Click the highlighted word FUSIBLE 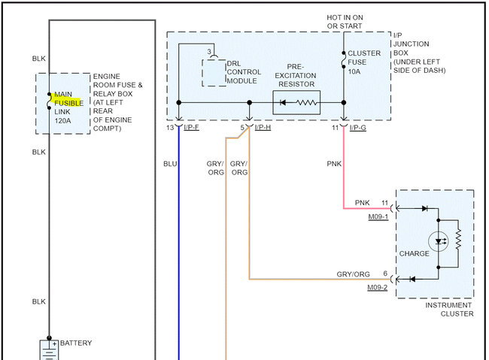(x=69, y=103)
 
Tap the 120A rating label (x=62, y=120)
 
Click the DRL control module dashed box (x=214, y=73)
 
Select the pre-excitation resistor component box (x=296, y=102)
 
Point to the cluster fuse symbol (x=344, y=60)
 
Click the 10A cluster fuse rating (x=354, y=71)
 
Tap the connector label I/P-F (x=191, y=127)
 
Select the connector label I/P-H (x=263, y=127)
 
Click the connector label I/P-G (x=357, y=128)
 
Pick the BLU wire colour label (x=170, y=164)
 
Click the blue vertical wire (x=179, y=243)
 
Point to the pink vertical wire (x=344, y=168)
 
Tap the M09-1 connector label (x=378, y=216)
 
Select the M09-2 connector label (x=378, y=287)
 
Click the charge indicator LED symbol (x=438, y=241)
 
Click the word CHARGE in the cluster (x=415, y=253)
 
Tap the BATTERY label (x=76, y=343)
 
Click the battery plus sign (x=55, y=343)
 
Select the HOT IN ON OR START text (x=345, y=22)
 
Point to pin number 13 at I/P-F (x=170, y=128)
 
